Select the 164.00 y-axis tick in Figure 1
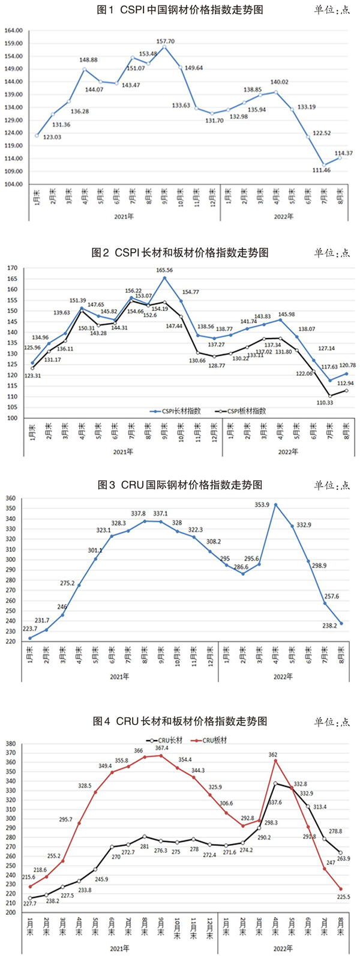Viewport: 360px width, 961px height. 14,31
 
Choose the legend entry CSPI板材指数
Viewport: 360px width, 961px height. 242,411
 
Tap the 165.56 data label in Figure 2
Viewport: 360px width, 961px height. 165,271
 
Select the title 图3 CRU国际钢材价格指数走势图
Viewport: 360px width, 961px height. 180,484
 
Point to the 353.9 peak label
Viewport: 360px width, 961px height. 262,505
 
